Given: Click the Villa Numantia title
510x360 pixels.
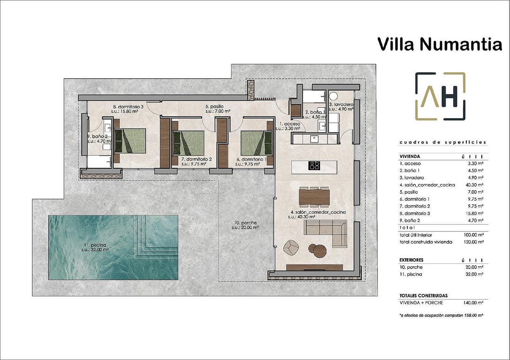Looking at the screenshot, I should pyautogui.click(x=440, y=44).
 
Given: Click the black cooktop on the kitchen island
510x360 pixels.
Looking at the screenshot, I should pyautogui.click(x=314, y=165).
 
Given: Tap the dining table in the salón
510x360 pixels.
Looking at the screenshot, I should pyautogui.click(x=313, y=196).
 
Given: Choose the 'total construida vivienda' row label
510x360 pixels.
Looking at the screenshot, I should pyautogui.click(x=426, y=242).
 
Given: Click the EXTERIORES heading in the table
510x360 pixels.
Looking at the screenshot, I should pyautogui.click(x=411, y=259).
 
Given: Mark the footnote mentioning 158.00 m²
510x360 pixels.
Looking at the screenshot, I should pyautogui.click(x=441, y=316).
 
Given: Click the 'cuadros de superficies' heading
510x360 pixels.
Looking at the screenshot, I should pyautogui.click(x=442, y=142).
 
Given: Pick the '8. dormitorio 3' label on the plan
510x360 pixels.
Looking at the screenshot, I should pyautogui.click(x=128, y=107).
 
